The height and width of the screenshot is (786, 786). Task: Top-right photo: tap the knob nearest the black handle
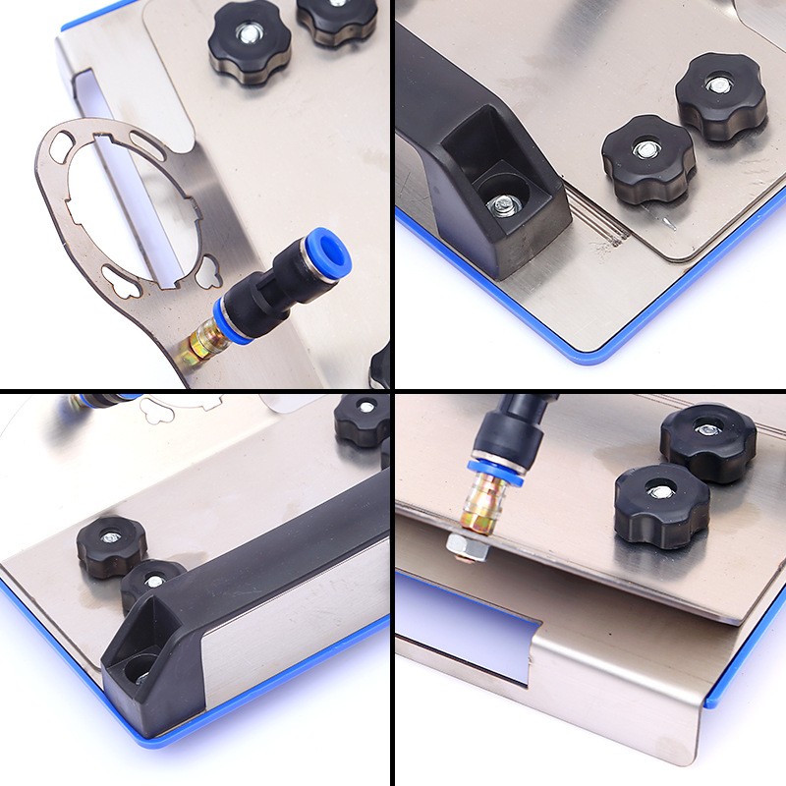tap(648, 157)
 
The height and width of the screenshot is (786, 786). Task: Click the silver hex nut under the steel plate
tap(463, 542)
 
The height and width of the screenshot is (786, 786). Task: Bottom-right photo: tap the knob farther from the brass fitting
tap(707, 439)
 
